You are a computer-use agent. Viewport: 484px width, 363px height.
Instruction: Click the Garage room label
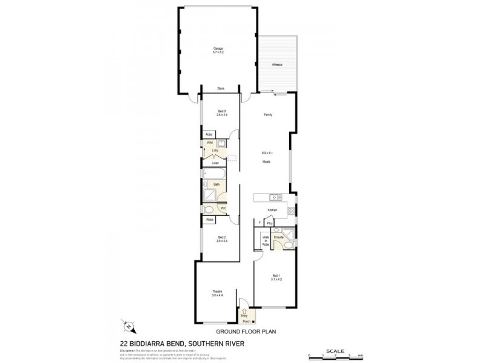coord(218,48)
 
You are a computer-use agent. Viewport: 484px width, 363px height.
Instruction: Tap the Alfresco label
coord(277,64)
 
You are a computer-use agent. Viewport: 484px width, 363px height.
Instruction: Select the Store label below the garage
coord(221,89)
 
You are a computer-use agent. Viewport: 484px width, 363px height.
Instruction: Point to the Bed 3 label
coord(222,111)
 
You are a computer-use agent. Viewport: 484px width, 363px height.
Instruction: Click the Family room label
coord(266,114)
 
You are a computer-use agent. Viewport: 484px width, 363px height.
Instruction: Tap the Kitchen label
coord(272,209)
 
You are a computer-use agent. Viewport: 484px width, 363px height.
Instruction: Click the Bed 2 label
coord(222,237)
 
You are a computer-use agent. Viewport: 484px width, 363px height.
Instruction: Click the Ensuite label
coord(279,237)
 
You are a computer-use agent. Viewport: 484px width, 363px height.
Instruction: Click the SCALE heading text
coord(335,350)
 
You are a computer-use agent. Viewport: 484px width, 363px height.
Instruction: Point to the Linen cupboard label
coord(215,162)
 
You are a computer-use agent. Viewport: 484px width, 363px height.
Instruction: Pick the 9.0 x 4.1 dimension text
coord(266,153)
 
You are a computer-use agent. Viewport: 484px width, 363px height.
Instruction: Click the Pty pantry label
coord(269,223)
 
